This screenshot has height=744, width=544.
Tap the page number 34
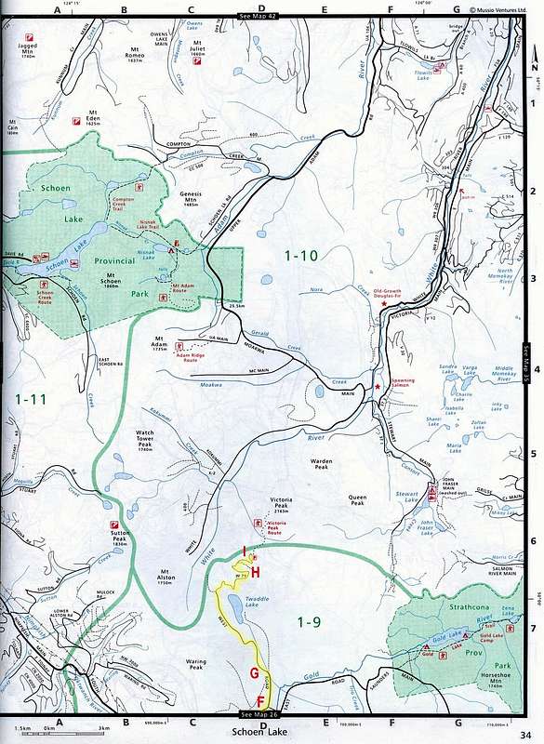click(525, 731)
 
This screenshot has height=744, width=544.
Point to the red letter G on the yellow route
click(254, 673)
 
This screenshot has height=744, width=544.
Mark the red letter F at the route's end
click(261, 699)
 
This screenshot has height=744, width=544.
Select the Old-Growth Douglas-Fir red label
click(392, 294)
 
